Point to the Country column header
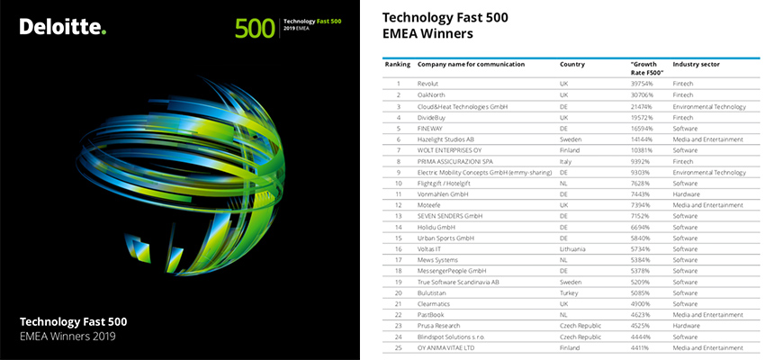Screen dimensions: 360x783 [x=572, y=65]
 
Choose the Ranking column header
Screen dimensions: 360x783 [x=398, y=65]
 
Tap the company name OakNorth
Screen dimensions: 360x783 [x=434, y=94]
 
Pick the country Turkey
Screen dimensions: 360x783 [x=569, y=292]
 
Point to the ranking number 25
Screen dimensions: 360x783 [x=398, y=346]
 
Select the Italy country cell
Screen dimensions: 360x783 [x=566, y=161]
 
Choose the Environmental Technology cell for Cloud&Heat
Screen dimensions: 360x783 [x=709, y=105]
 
